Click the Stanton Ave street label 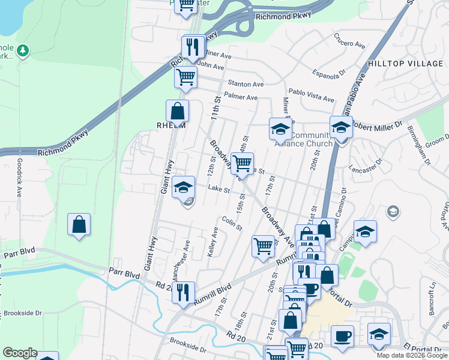tap(246, 85)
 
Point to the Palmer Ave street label tap(240, 97)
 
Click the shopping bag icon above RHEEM tap(178, 111)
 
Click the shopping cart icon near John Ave tap(186, 77)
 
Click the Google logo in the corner tap(20, 353)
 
